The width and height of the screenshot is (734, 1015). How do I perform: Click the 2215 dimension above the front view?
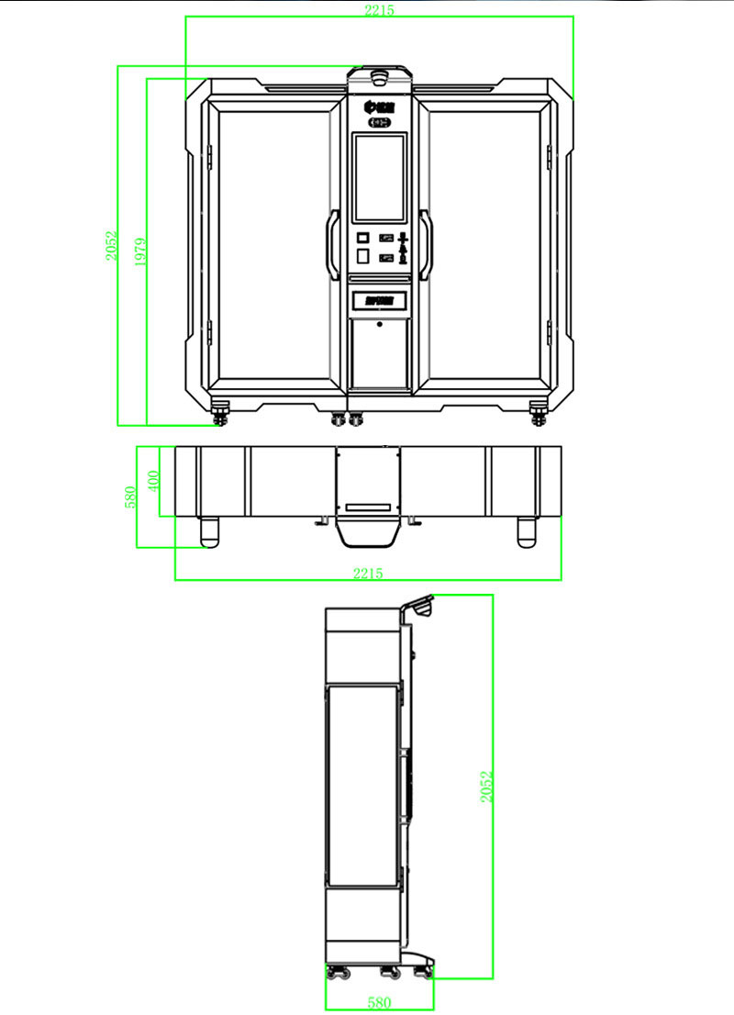[379, 10]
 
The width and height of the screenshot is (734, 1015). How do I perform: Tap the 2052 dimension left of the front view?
[111, 246]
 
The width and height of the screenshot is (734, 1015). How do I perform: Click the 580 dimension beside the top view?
[130, 496]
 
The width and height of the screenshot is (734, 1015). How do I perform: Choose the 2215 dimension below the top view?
[368, 573]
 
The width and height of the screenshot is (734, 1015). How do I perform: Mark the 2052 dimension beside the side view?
[487, 786]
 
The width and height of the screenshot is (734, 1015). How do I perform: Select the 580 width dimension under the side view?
[378, 1004]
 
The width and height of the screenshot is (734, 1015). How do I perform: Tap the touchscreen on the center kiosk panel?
[379, 177]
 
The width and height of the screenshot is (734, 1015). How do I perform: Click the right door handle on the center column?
[426, 243]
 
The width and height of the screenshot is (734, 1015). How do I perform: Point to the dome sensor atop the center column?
[379, 71]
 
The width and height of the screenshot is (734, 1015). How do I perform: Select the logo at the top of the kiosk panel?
[379, 106]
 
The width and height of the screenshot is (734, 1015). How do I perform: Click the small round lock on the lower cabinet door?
[379, 323]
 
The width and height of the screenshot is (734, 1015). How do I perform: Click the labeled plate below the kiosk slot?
[379, 299]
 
